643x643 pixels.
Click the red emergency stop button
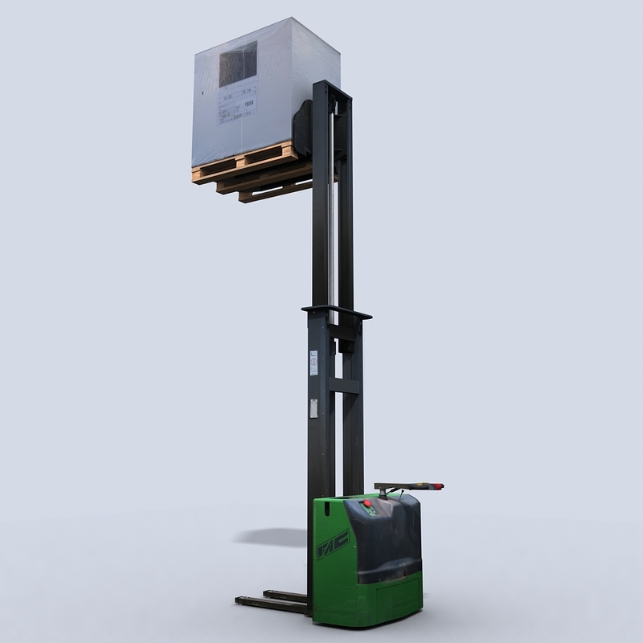[x=367, y=504]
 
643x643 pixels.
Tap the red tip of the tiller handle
[x=439, y=486]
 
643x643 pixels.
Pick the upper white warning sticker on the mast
[x=313, y=363]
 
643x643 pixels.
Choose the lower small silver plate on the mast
[x=313, y=408]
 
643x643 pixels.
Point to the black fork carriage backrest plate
[x=303, y=129]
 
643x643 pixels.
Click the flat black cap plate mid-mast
[x=336, y=311]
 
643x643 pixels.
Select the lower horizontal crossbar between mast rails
[x=344, y=386]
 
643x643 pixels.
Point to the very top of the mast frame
[x=331, y=83]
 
